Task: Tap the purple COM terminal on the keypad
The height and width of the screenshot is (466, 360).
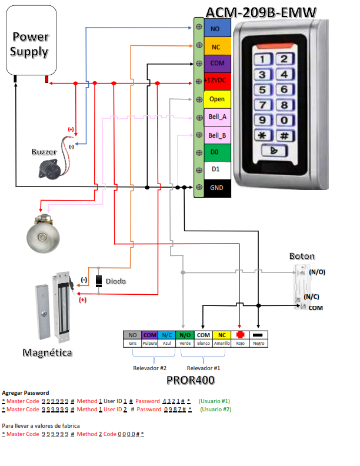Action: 217,64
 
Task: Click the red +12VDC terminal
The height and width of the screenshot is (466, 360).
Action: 217,81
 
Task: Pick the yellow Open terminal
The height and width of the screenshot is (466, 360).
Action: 217,99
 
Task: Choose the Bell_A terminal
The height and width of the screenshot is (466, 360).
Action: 217,116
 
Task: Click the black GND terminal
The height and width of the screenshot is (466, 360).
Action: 217,188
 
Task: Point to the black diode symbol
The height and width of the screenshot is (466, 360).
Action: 99,281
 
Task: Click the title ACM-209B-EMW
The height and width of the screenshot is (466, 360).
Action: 261,12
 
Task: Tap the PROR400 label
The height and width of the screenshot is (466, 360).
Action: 190,380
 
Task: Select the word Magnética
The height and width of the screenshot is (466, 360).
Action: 48,353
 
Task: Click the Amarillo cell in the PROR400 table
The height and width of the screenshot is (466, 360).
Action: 222,343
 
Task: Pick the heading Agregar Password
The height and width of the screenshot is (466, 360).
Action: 26,392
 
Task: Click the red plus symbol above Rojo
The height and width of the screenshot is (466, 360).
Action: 239,335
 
